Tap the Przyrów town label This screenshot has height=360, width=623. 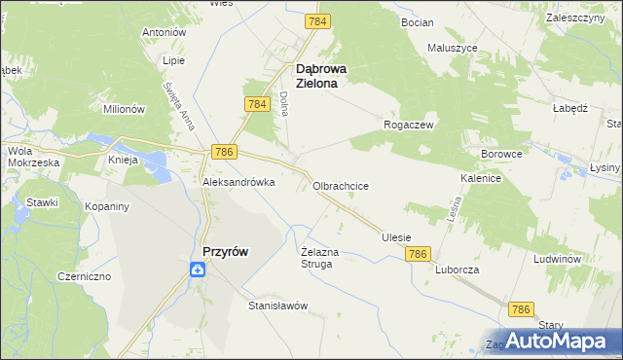[x=224, y=251]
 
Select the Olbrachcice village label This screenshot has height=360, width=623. [x=340, y=185]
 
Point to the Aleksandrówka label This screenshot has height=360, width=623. [x=238, y=182]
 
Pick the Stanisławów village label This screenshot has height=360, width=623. [x=278, y=306]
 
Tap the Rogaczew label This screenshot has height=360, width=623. [x=409, y=126]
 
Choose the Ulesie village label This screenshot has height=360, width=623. [x=396, y=237]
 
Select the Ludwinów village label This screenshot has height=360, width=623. [x=557, y=260]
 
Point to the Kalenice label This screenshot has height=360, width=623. [x=481, y=179]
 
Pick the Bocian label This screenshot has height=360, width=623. [x=417, y=20]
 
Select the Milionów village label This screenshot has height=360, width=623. [x=124, y=109]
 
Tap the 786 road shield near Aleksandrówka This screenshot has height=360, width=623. [x=224, y=152]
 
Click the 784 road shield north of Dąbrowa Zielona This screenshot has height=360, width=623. [x=316, y=20]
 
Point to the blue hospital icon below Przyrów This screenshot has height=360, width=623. [x=198, y=271]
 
